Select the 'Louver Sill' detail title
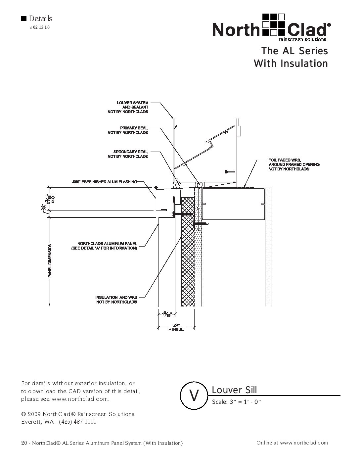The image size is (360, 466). (x=234, y=390)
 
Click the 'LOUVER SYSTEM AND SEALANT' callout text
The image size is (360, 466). (x=132, y=107)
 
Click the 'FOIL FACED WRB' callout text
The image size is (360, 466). (x=294, y=164)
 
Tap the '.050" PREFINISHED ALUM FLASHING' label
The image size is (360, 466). (x=104, y=182)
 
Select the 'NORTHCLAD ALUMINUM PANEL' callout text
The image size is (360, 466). (x=104, y=246)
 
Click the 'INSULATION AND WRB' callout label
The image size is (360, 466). (x=116, y=300)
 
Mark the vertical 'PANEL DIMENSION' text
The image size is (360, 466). (x=50, y=260)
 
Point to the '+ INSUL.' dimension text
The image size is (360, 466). (x=176, y=330)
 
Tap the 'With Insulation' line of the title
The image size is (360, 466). (x=291, y=63)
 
